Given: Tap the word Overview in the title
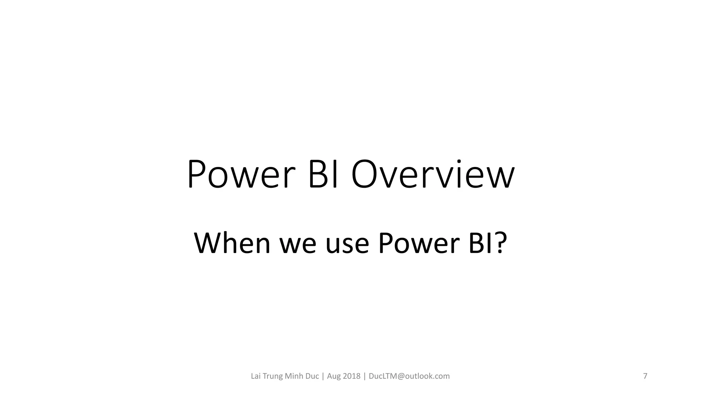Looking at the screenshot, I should point(433,175).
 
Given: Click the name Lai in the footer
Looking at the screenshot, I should point(256,376).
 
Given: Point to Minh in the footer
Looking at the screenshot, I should point(294,376).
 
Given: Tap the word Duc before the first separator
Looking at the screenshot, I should point(312,376).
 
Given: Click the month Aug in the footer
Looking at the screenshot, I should point(334,376).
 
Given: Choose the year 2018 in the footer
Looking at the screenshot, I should point(352,376).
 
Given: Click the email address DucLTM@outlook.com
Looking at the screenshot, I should point(409,376).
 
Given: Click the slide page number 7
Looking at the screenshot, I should point(645,376).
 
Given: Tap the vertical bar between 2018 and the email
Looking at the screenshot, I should point(365,376).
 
